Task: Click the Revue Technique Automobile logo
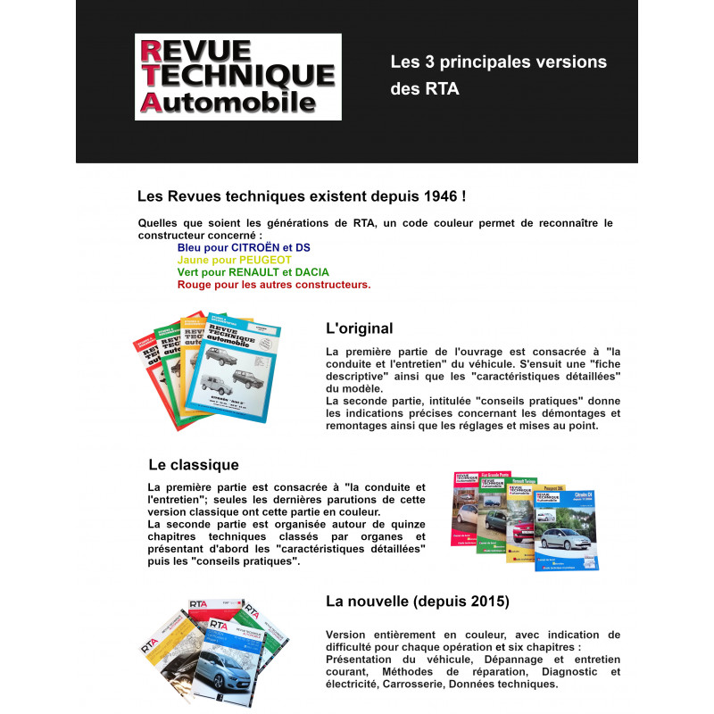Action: [x=237, y=77]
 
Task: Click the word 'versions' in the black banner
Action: [x=565, y=62]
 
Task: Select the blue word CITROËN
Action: [x=261, y=247]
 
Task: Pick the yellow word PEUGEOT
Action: [x=271, y=260]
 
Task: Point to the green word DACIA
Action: [x=311, y=272]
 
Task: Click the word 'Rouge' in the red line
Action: [x=195, y=285]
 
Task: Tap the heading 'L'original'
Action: [x=359, y=328]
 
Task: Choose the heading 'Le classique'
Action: [x=194, y=465]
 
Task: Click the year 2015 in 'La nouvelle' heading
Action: [x=487, y=602]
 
